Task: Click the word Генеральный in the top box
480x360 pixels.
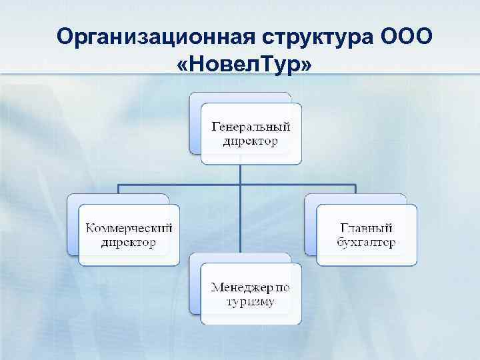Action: click(x=251, y=125)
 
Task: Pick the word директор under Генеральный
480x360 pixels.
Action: click(x=251, y=141)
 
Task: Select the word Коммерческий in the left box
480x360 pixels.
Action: click(x=129, y=228)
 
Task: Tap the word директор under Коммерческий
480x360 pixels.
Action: click(x=129, y=243)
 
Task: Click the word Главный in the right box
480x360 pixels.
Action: click(x=365, y=228)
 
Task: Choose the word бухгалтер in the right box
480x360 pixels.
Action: click(x=365, y=243)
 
